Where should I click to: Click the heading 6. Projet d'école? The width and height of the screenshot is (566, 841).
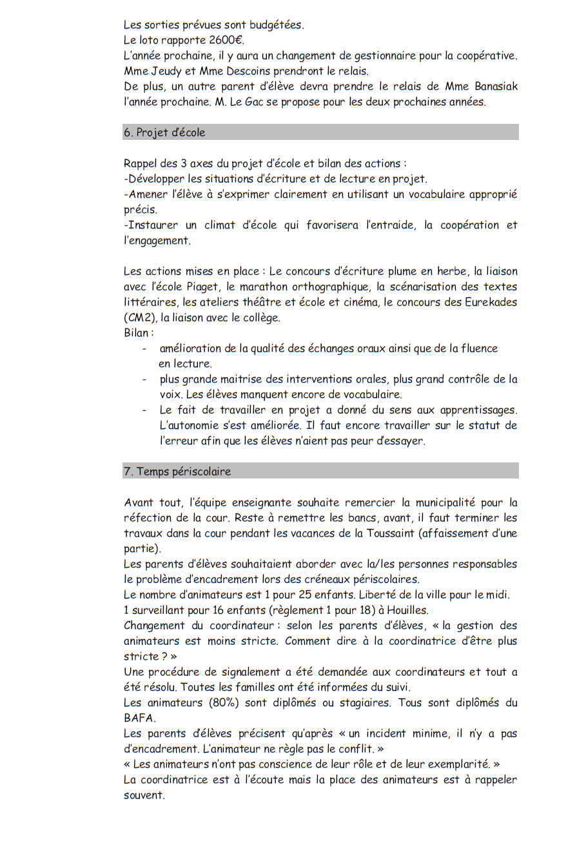coord(164,132)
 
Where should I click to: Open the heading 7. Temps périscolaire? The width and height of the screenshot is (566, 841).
coord(177,471)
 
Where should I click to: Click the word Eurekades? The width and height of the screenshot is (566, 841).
coord(487,302)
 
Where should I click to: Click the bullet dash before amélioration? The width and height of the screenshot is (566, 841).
coord(145,348)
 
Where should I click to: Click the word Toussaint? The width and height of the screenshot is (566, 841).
coord(390,533)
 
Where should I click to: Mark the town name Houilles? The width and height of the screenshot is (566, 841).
coord(406,610)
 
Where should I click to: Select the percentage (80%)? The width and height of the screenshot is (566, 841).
coord(204,703)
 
